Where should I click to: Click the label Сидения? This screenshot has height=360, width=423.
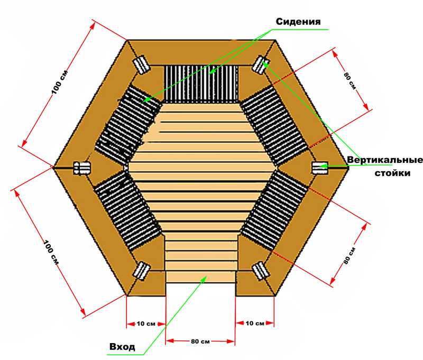point(298,22)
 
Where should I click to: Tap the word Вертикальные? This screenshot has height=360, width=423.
point(385,160)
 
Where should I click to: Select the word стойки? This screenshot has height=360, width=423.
point(392,173)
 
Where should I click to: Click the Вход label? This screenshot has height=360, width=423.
point(122,346)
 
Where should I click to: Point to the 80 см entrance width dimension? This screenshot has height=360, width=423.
point(200,341)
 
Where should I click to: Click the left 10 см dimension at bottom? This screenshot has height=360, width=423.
point(146,324)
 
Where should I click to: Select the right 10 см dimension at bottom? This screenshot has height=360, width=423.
point(255,323)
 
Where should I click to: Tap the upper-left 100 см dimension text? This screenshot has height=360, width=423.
point(60,82)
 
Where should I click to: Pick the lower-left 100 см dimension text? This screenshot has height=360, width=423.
point(51,252)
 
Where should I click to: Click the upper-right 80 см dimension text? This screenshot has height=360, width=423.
point(350,80)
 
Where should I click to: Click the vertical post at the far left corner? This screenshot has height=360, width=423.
point(82,168)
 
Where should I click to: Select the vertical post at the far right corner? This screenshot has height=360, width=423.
point(320,168)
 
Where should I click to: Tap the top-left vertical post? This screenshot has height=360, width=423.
point(141,64)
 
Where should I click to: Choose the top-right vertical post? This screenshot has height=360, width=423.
point(260,64)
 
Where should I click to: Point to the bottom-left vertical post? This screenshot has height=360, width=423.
point(141,270)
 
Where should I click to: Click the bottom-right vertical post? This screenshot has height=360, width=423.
point(260,270)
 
